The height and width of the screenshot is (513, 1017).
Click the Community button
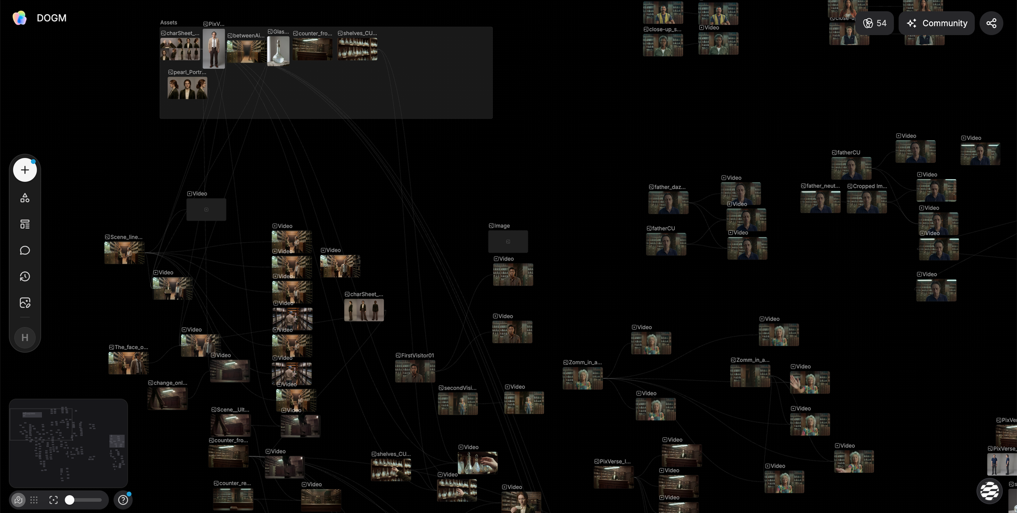936,23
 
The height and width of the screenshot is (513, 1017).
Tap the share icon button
991,23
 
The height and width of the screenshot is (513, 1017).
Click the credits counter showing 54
875,23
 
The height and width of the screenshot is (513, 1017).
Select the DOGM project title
51,18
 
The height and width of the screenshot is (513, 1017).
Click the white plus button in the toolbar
25,170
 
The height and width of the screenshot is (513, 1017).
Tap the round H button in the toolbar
25,337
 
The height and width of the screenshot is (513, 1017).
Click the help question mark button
123,500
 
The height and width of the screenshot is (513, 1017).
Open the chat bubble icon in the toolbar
25,250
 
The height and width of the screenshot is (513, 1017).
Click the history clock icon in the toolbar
25,276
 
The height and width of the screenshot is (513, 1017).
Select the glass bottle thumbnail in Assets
278,50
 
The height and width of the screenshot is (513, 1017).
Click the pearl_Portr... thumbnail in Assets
187,88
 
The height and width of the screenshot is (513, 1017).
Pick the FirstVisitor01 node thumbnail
415,371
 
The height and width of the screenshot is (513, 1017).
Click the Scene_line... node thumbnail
124,253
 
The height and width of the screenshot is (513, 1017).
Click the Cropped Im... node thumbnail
866,202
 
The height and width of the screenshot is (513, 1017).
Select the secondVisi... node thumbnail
458,404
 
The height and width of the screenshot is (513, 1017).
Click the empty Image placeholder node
508,242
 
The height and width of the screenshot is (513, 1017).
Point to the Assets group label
169,22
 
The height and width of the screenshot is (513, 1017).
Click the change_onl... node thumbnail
167,398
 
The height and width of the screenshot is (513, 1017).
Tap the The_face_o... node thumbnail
128,363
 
